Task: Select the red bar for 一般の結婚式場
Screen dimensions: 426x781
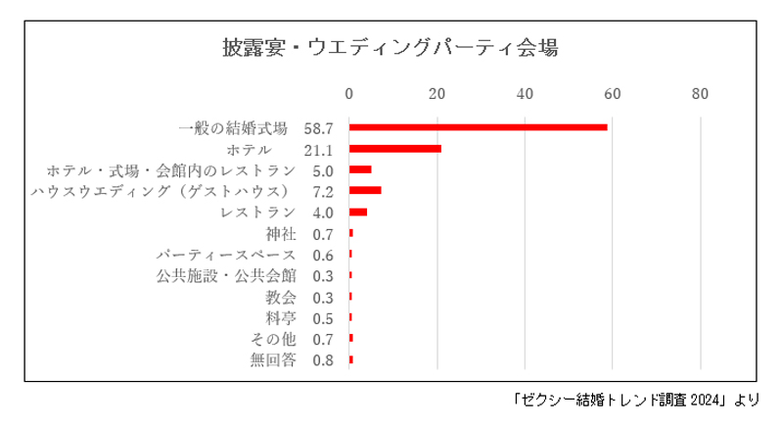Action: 478,127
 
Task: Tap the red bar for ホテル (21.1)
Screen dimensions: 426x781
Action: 395,149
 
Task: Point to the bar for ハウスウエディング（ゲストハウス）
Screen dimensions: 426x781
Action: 365,190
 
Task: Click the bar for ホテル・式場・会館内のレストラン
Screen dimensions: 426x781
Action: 360,169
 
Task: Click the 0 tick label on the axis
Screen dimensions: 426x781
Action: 349,94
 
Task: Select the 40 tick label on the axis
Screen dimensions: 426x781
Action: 525,94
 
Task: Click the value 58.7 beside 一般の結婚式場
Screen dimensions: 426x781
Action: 319,128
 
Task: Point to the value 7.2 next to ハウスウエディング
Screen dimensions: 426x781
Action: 323,191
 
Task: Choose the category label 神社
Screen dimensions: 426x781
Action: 280,233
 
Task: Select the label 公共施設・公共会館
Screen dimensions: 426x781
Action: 226,275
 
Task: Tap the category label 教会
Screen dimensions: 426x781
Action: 280,297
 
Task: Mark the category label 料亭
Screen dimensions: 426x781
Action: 280,317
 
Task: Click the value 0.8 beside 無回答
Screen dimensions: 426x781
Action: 323,360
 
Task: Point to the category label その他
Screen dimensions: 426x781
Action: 273,339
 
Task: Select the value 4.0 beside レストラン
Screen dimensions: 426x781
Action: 323,213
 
